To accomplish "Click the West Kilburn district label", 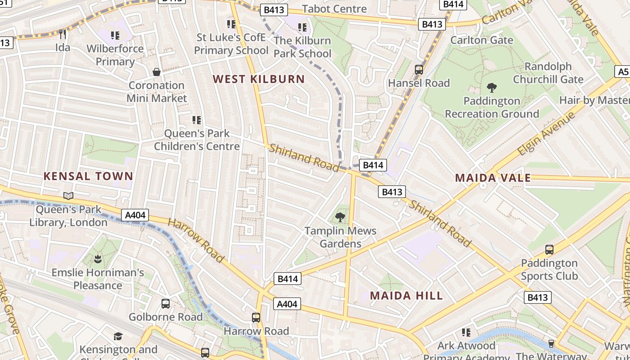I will [259, 79].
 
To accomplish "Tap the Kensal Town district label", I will [88, 176].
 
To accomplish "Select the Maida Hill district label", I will [406, 296].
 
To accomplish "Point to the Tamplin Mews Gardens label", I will [340, 237].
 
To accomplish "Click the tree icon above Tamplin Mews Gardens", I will [340, 218].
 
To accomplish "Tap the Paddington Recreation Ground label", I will [492, 107].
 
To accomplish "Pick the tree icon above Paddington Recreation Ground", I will [492, 88].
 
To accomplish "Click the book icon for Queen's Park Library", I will [68, 196].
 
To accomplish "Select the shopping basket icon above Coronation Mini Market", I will [157, 72].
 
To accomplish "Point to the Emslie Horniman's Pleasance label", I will [98, 279].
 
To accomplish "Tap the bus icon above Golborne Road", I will [166, 304].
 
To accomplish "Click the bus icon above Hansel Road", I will [419, 70].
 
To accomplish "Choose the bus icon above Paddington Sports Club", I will [549, 249].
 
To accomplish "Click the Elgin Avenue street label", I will [546, 133].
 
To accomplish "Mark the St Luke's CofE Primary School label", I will [231, 44].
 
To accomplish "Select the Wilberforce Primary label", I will [115, 55].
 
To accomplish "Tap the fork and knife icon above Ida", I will [63, 34].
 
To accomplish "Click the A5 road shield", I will [622, 72].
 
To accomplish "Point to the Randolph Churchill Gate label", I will [548, 73].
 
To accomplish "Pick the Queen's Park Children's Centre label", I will [197, 139].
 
